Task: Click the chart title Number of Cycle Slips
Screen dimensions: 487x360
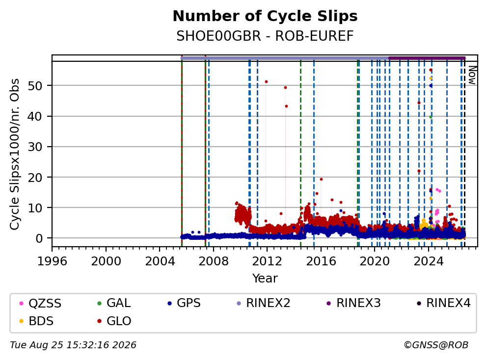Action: click(265, 16)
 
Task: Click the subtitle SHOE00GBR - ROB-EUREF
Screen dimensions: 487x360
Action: click(265, 36)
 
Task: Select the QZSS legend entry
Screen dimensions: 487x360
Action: click(40, 303)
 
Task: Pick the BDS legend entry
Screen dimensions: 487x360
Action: click(36, 321)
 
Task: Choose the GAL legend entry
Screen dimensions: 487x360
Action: click(114, 303)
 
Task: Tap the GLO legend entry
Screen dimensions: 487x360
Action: click(114, 321)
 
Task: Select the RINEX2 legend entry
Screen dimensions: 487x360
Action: click(263, 303)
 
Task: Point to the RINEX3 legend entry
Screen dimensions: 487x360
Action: click(354, 303)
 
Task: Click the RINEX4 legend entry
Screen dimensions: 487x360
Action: click(443, 303)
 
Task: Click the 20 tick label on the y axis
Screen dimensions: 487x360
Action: click(35, 177)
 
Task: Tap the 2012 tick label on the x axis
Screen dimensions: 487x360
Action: click(267, 261)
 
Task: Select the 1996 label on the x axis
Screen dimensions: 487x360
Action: click(52, 261)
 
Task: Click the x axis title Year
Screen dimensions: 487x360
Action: click(265, 279)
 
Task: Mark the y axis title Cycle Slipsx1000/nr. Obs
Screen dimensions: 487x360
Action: click(15, 154)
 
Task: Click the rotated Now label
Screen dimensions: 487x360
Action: click(472, 75)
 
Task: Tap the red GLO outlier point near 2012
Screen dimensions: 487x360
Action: click(266, 81)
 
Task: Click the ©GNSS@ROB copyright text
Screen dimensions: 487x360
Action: click(436, 345)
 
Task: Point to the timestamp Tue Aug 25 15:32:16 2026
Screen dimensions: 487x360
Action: click(73, 345)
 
